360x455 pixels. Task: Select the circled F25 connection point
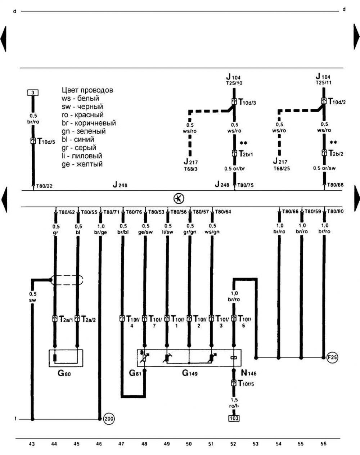coord(332,357)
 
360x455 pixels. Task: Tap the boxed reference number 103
coord(234,418)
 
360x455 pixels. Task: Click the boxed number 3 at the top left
coord(33,93)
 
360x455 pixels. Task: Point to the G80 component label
coord(64,374)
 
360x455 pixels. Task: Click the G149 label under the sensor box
coord(189,373)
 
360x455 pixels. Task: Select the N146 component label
coord(249,373)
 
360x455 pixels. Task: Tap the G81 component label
coord(136,373)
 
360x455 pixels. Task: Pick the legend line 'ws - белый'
coord(80,98)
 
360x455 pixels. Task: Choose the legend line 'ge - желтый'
coord(82,164)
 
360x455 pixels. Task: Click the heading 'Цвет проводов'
coord(87,90)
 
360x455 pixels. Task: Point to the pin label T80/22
coord(44,186)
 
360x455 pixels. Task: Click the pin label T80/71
coord(111,212)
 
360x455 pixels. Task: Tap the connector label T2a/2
coord(89,319)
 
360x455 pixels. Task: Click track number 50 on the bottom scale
coord(189,444)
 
